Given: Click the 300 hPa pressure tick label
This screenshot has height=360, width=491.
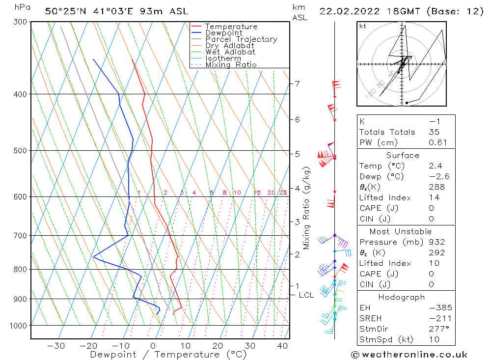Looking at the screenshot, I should click(20, 22).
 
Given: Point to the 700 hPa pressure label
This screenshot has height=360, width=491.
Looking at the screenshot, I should click(20, 236).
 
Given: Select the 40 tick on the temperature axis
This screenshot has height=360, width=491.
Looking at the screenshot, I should click(282, 346).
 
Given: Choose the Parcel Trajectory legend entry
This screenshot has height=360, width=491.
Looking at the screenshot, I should click(241, 39).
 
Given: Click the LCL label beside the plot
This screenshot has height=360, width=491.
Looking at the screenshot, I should click(306, 295).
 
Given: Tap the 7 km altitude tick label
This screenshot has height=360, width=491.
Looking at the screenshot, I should click(297, 83).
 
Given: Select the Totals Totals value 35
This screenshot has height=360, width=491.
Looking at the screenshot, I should click(434, 132).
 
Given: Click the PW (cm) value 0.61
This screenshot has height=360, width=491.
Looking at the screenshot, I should click(437, 143).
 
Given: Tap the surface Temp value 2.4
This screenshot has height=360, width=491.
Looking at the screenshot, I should click(436, 166).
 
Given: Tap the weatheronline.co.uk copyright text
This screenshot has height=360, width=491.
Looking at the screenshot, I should click(409, 355).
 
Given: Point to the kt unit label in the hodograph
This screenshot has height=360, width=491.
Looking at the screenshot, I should click(363, 26).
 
